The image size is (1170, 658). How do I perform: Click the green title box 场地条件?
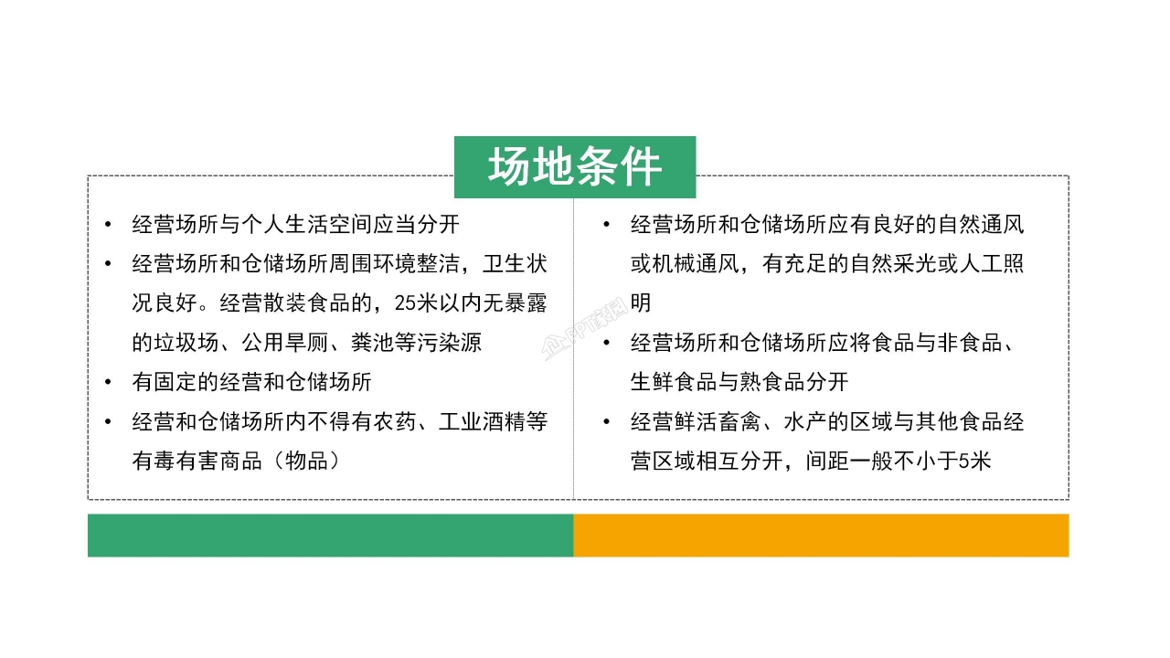point(575,167)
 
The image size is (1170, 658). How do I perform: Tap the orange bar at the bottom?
point(821,536)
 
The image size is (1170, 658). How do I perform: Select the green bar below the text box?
point(330,536)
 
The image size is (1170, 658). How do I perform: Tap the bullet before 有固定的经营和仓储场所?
point(110,382)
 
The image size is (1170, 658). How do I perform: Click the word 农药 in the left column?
point(399,422)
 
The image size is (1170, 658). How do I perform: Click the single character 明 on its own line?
point(641,303)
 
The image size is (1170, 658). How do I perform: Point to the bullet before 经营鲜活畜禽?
point(608,422)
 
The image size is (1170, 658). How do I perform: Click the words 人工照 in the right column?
point(993,264)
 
